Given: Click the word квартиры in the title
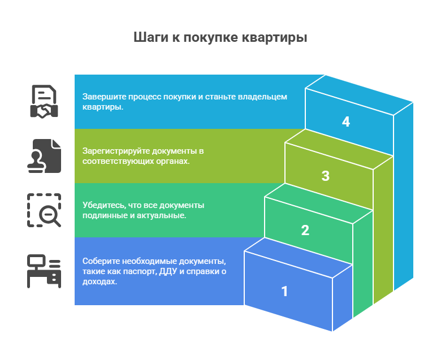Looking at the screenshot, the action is (x=275, y=38).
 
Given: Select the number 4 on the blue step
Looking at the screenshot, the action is (x=346, y=122).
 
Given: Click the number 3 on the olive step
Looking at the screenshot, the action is (x=326, y=176).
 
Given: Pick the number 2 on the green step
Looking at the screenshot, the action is (x=305, y=230).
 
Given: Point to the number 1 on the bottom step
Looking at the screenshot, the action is (x=284, y=291).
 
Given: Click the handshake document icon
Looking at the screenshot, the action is (x=44, y=102).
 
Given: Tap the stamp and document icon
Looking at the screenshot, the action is (x=44, y=156).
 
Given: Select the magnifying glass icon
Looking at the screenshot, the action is (x=44, y=210).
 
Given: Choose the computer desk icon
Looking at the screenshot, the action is (x=44, y=271).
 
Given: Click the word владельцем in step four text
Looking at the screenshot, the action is (x=262, y=97).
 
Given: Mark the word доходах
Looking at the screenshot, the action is (x=100, y=281).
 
